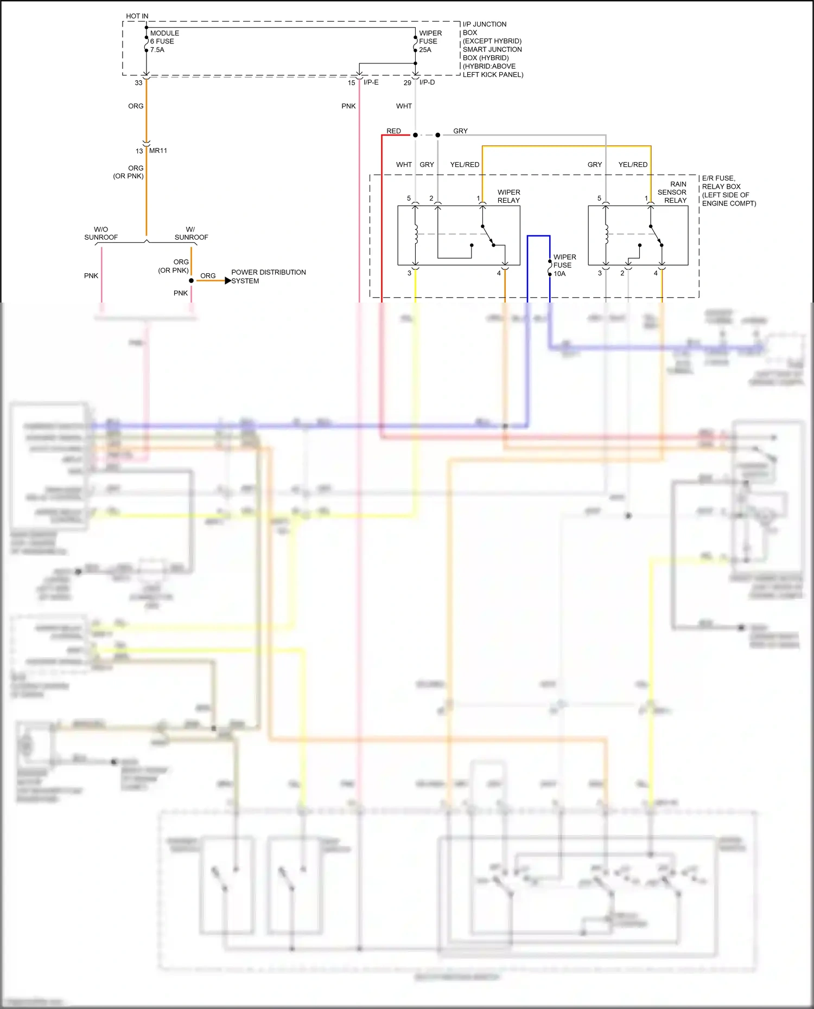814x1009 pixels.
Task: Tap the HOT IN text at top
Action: (x=137, y=16)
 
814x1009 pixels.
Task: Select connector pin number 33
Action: (x=138, y=83)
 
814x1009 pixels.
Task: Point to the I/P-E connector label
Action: (x=371, y=82)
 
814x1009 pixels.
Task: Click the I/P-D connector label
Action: (x=427, y=82)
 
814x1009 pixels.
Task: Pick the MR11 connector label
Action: (x=158, y=151)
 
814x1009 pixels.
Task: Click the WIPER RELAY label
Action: (x=508, y=196)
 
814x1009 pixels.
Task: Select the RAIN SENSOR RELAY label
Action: (x=673, y=192)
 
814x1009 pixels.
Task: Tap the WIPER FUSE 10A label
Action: (x=564, y=265)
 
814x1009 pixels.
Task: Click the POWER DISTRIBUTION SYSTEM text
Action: (x=268, y=277)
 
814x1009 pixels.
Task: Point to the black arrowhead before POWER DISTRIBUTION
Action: (x=228, y=280)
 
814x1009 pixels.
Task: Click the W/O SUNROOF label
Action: (x=101, y=233)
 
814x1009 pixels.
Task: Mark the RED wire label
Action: (x=393, y=131)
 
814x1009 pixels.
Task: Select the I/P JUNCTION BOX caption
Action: (x=492, y=49)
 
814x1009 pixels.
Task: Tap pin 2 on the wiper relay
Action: (x=431, y=198)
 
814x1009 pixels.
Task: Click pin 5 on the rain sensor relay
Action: (x=599, y=198)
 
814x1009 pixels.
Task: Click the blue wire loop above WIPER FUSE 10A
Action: (x=538, y=236)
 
